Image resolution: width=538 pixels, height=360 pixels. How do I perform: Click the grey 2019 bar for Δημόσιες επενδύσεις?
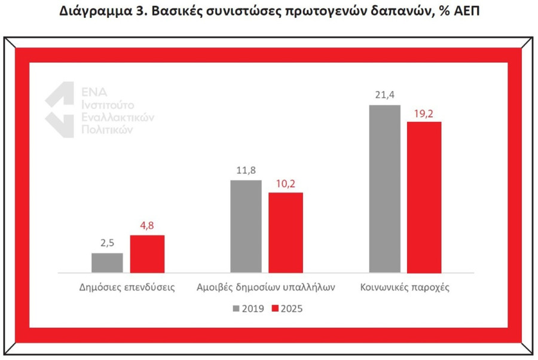coord(107,263)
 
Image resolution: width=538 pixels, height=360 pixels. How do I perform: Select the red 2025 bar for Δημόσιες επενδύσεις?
coord(147,254)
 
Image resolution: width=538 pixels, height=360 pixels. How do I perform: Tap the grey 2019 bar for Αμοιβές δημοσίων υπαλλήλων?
coord(246,225)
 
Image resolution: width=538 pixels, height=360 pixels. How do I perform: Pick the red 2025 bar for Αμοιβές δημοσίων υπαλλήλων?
coord(286,232)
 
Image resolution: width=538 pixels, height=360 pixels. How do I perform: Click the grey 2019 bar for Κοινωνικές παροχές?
coord(384,188)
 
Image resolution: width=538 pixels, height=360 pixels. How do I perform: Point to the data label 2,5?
coord(107,243)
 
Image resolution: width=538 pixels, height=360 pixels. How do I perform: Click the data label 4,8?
coord(147,225)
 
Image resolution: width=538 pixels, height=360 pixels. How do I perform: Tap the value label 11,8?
coord(246,170)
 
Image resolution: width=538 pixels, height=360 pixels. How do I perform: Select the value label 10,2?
coord(286,182)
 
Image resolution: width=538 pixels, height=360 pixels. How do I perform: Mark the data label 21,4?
coord(384,95)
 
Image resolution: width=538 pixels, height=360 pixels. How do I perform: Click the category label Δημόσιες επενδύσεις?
coord(127,286)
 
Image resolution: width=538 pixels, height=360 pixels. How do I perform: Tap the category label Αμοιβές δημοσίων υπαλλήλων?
coord(265,286)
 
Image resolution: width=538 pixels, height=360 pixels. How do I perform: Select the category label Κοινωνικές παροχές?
coord(405,286)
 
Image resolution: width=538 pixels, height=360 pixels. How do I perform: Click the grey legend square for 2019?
coord(236,309)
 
